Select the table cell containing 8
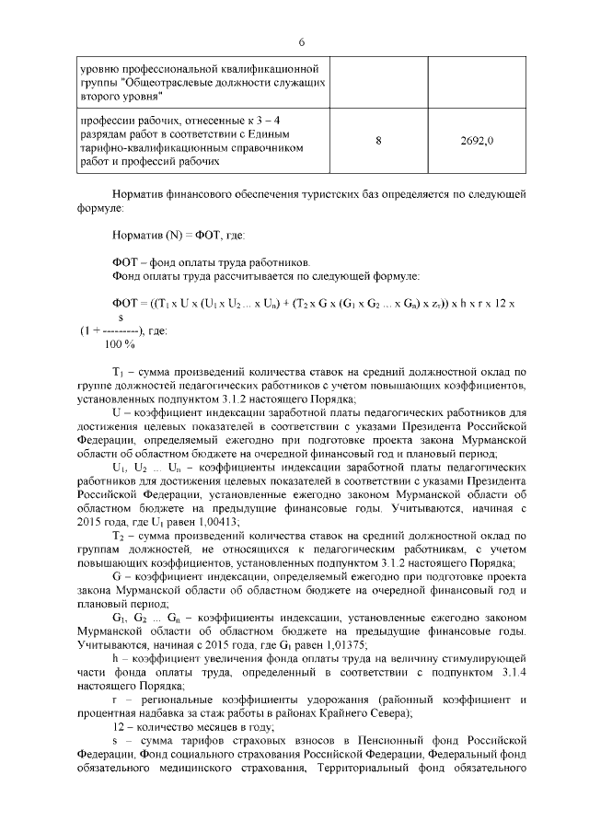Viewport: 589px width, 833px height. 378,141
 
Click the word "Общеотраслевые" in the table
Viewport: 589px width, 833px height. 170,81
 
